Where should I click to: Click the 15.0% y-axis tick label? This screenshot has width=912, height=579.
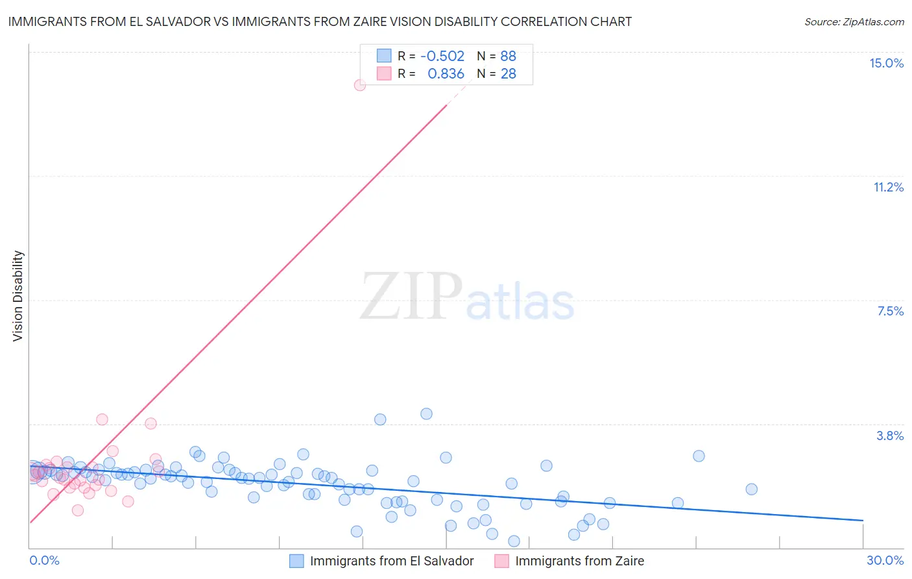886,63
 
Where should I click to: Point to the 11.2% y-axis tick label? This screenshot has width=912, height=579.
888,187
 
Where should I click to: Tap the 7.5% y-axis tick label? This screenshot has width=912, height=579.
890,311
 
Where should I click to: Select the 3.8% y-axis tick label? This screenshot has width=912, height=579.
890,436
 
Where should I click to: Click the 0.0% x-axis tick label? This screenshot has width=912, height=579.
44,560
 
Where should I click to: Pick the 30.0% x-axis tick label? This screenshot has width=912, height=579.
885,560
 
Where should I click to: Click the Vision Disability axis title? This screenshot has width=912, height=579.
18,295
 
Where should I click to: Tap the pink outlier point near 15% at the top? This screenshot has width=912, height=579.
360,85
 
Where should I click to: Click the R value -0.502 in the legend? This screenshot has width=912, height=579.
442,56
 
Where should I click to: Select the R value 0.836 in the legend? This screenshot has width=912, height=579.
446,74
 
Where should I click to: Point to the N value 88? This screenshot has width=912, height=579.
508,56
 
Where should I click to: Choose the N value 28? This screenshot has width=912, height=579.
508,74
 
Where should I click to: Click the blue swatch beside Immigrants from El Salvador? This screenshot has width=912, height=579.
296,561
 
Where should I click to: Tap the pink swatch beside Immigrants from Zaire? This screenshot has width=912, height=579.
501,561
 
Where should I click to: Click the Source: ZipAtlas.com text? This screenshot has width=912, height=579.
854,22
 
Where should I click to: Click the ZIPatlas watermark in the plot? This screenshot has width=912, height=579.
467,297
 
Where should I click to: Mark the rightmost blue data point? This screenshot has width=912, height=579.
751,489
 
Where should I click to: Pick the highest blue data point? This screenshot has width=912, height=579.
426,413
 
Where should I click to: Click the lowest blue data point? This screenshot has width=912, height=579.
514,541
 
